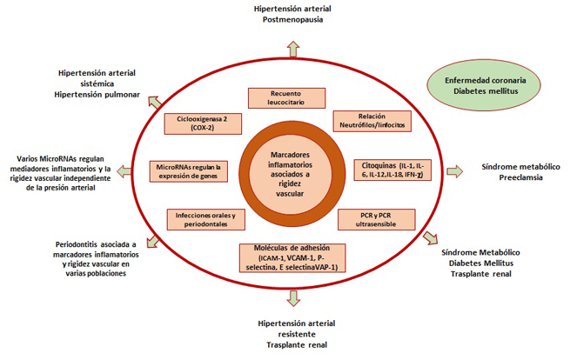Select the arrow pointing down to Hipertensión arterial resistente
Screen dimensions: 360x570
(293, 297)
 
